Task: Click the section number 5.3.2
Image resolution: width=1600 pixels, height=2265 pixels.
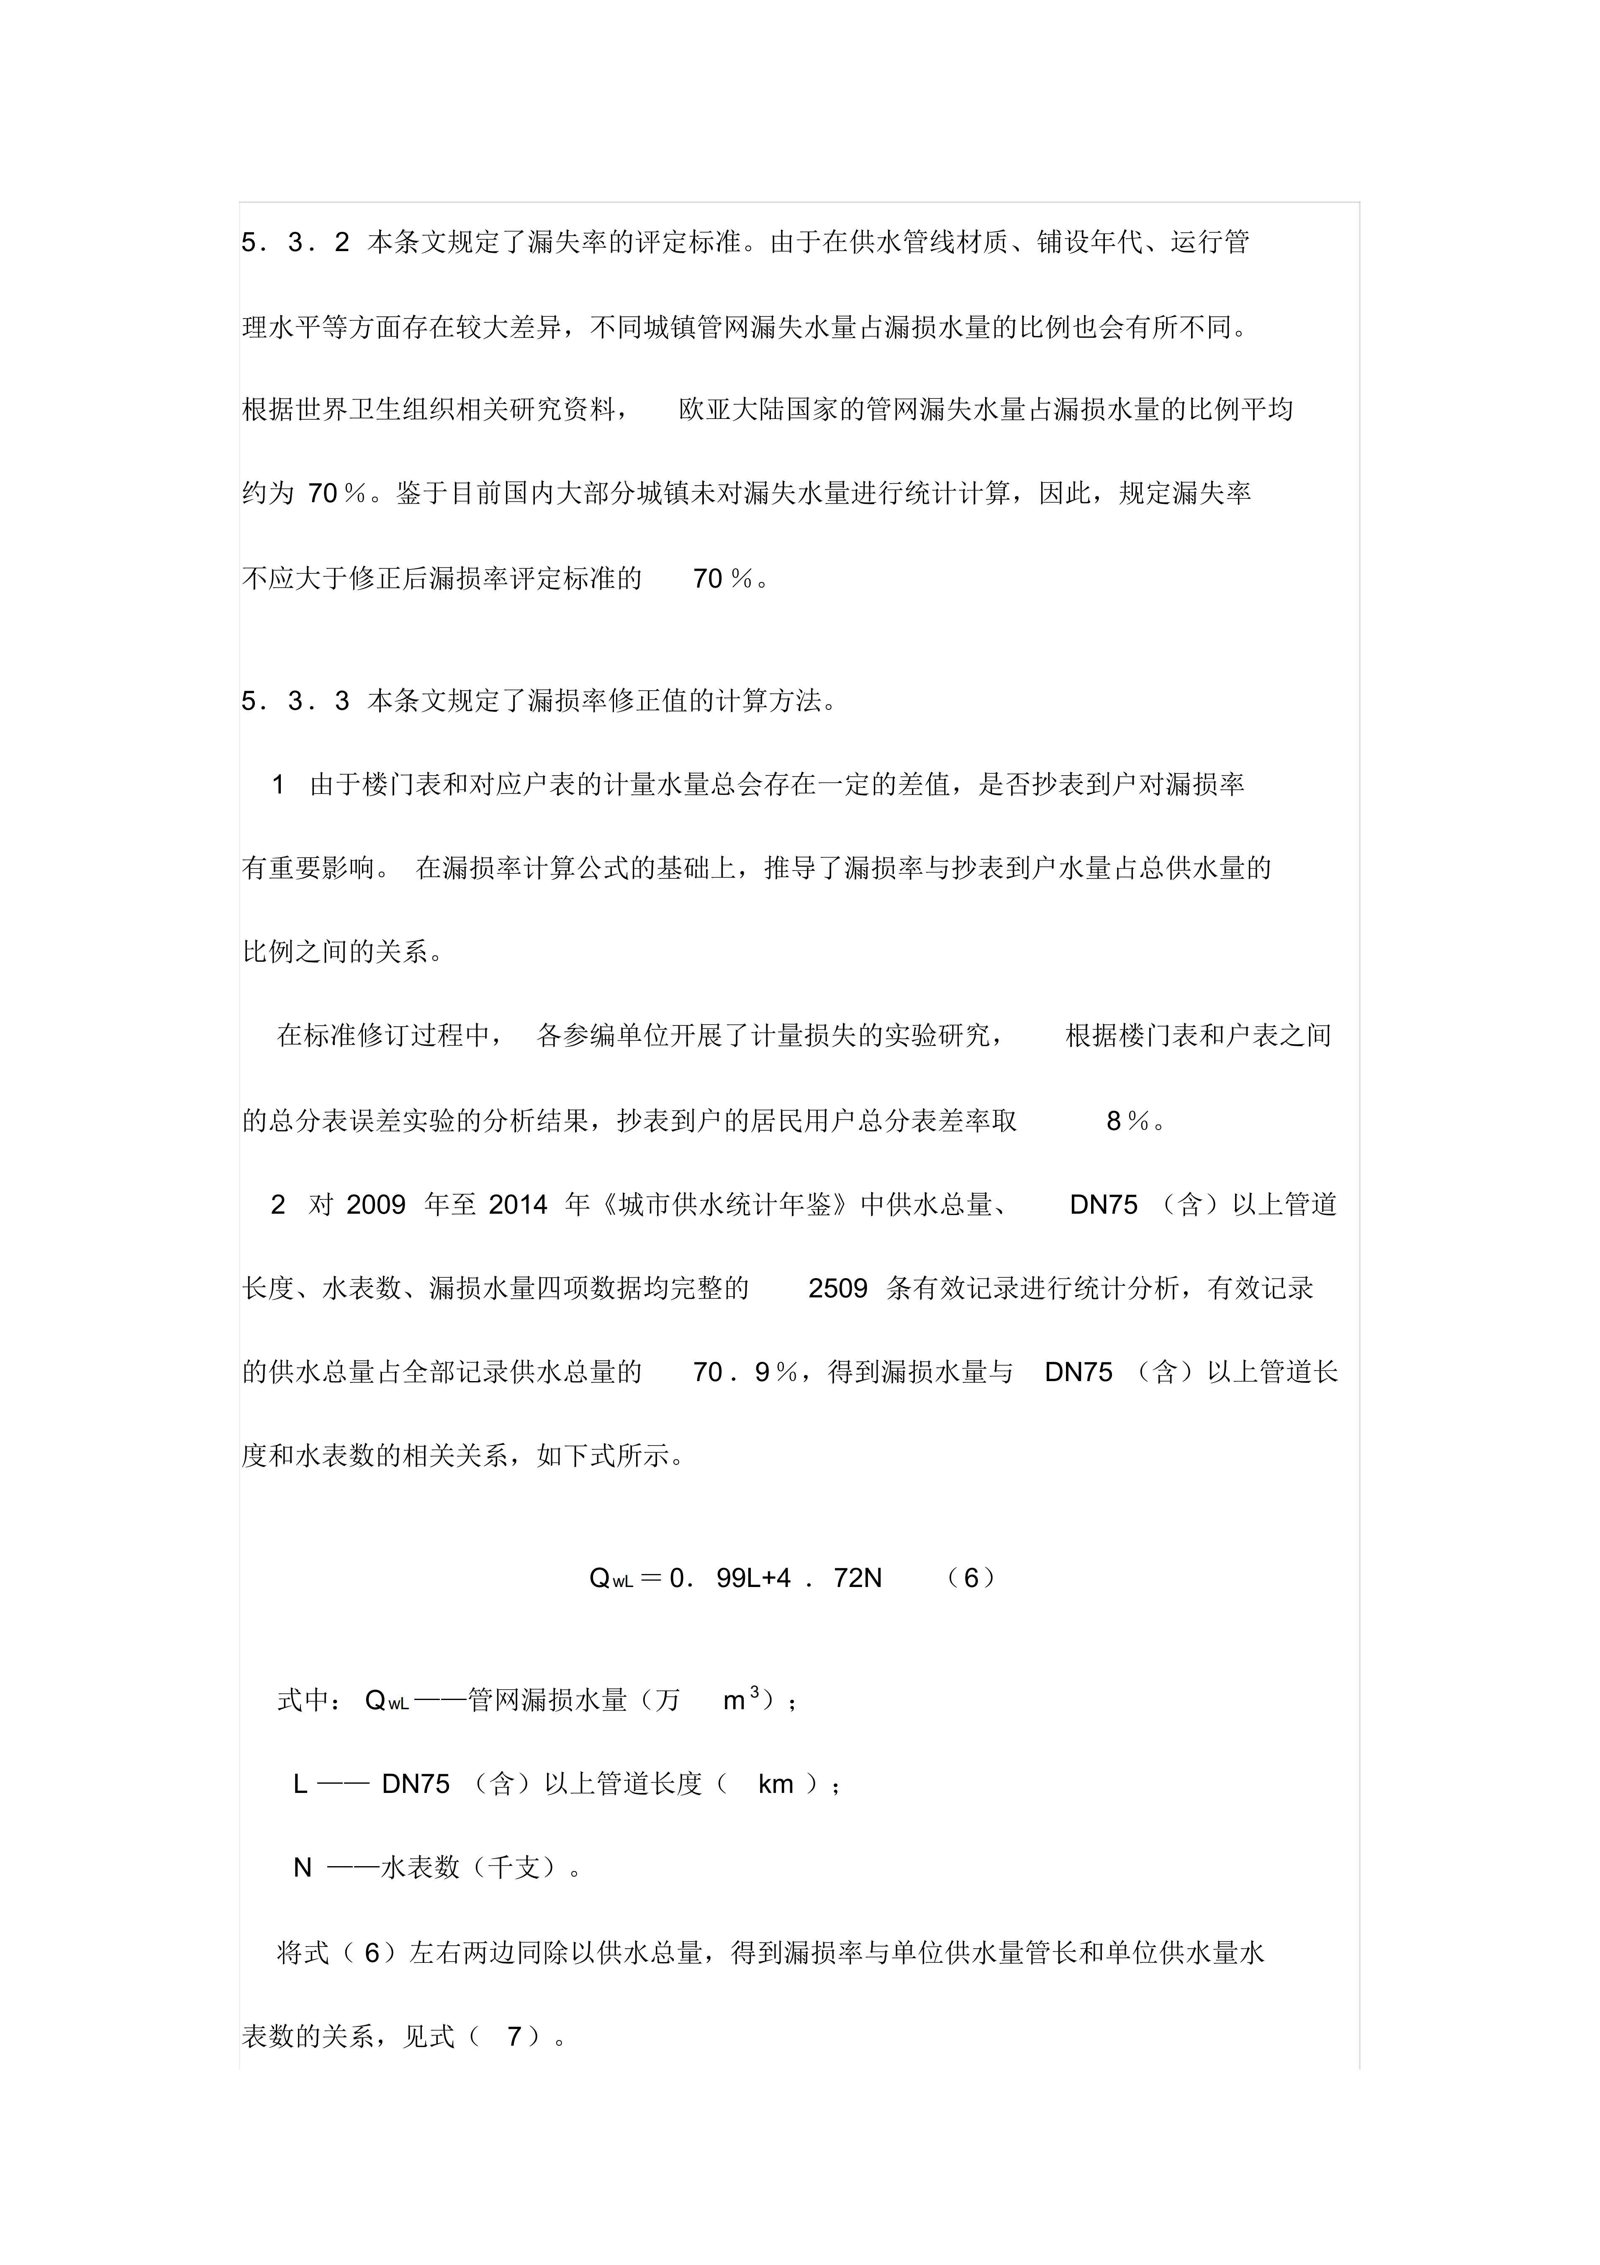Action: coord(296,243)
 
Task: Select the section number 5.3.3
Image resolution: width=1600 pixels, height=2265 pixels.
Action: coord(296,701)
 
